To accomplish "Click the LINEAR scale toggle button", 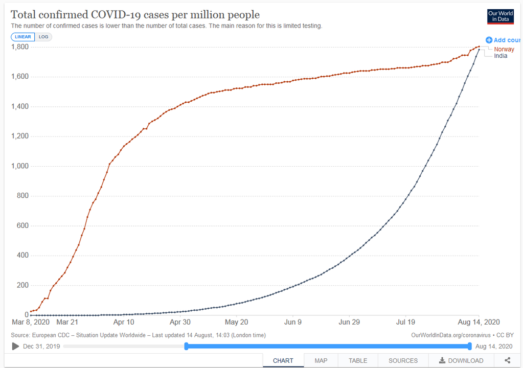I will coord(23,37).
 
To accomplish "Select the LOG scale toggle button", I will coord(43,37).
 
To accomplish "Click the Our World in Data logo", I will coord(500,16).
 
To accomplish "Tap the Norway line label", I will coord(504,50).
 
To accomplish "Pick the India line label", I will coord(501,56).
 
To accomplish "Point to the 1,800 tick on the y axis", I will coord(19,47).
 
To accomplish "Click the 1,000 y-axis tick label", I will coord(19,166).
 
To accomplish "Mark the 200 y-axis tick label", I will coord(22,285).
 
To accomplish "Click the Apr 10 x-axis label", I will coord(123,322).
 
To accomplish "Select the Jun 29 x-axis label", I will coord(350,322).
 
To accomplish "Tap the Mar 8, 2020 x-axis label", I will coord(31,322).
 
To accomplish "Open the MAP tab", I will coord(321,360).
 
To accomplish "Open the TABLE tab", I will coord(358,360).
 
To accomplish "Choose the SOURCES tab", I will coord(403,360).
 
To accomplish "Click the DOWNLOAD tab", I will coord(461,360).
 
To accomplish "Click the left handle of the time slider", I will coord(187,346).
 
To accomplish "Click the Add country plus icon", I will coord(489,40).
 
